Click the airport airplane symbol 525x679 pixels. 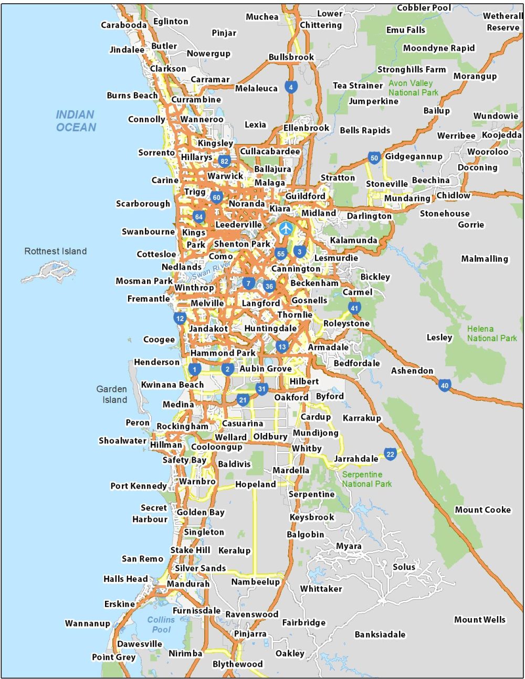click(285, 228)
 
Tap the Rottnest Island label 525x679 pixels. click(56, 251)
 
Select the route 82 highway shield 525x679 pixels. click(224, 161)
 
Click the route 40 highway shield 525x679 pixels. click(445, 386)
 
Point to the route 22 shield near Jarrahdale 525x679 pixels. click(390, 454)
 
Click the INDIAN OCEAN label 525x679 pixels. click(76, 121)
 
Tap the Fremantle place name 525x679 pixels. click(149, 299)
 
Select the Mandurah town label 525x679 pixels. click(188, 583)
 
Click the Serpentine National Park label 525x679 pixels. click(366, 479)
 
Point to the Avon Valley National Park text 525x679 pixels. click(413, 88)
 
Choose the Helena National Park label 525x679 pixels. click(492, 334)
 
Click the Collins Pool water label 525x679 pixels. click(161, 624)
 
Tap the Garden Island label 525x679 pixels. click(112, 394)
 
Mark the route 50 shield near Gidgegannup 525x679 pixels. click(374, 157)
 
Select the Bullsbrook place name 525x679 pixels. click(291, 57)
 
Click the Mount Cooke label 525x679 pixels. click(482, 510)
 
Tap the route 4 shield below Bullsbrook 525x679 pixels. click(291, 87)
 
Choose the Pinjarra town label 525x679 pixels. click(250, 634)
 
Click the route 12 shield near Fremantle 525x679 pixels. click(180, 318)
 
